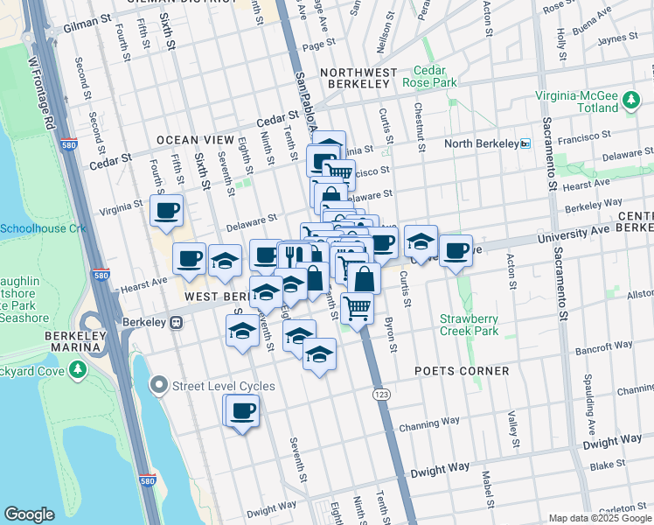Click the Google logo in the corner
(29, 514)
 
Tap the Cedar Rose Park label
(429, 76)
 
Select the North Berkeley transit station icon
(525, 143)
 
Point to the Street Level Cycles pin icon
(158, 385)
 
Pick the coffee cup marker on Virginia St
(166, 210)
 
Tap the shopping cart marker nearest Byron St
(358, 307)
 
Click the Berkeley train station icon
(176, 322)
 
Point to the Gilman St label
(87, 29)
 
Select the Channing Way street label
(454, 430)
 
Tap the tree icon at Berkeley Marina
(80, 369)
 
